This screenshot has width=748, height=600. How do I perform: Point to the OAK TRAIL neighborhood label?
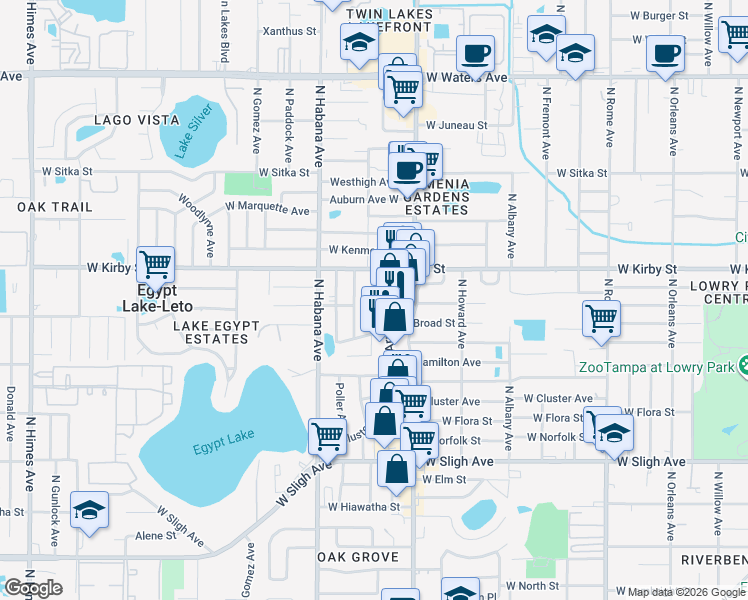tap(54, 207)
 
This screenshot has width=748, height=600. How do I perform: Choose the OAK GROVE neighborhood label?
tap(358, 557)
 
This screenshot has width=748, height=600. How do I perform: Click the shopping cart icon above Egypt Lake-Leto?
tap(155, 266)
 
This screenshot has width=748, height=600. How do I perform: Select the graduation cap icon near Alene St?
tap(89, 511)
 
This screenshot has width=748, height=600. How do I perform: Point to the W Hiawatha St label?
tap(364, 506)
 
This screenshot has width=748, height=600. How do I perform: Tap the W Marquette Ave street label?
tap(267, 209)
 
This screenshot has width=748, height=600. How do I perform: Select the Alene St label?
tap(155, 536)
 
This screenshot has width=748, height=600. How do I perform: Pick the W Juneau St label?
tap(455, 126)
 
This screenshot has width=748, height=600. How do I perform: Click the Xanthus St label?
tap(289, 31)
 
